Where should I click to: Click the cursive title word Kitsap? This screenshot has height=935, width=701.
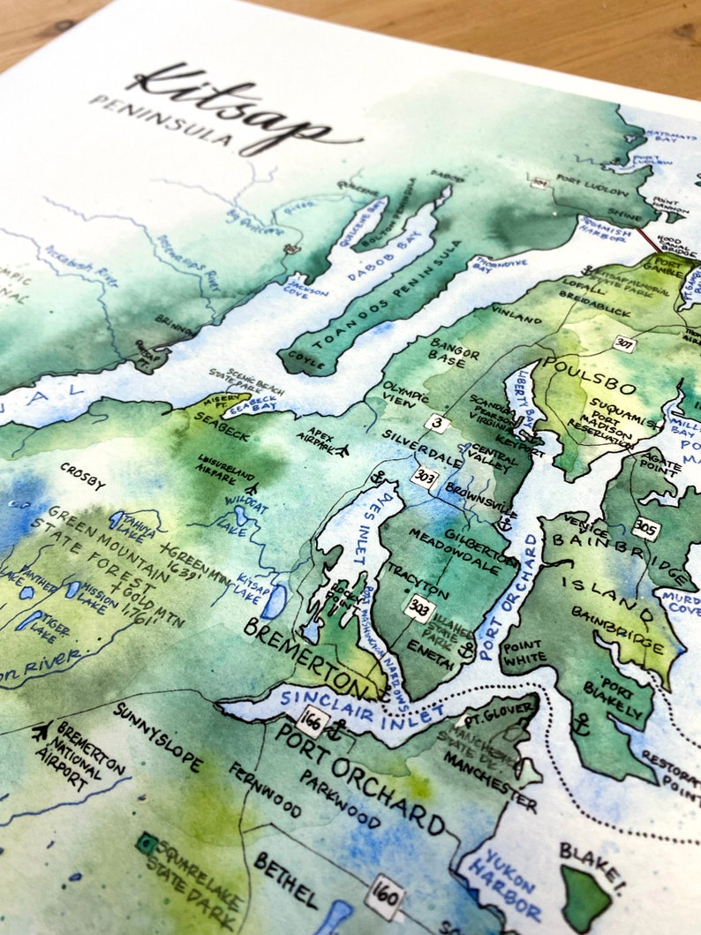tap(234, 110)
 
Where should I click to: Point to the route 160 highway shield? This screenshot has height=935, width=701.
tap(385, 897)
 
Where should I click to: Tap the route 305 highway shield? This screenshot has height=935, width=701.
tap(645, 528)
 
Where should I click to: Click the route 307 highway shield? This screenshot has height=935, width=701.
tap(624, 343)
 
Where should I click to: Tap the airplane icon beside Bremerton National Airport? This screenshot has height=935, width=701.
tap(41, 731)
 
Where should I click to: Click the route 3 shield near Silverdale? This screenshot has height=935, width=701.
tap(436, 423)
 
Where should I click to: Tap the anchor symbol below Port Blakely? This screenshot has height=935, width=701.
tap(580, 726)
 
